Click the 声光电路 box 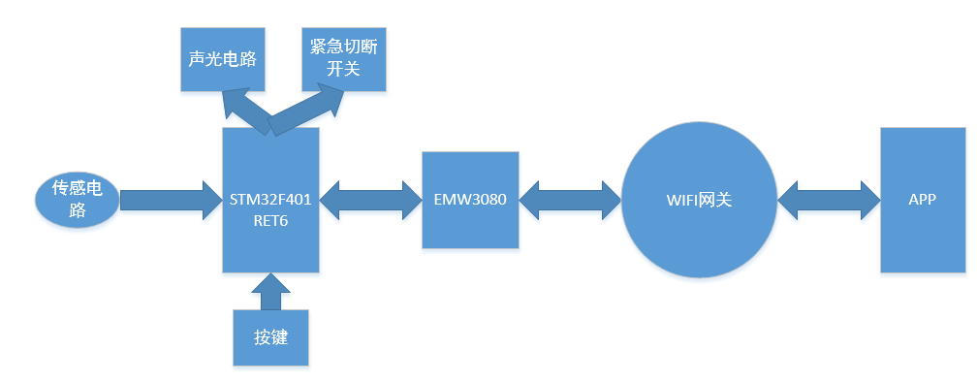[223, 59]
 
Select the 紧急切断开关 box [344, 59]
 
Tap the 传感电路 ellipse [77, 200]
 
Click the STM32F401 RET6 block [271, 200]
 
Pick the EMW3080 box [470, 200]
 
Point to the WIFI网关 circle [699, 200]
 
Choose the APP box [923, 200]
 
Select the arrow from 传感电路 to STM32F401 [172, 200]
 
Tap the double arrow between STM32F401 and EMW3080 [370, 200]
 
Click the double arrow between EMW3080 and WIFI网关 [570, 200]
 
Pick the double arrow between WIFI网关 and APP [829, 200]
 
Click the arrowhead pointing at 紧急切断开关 [329, 100]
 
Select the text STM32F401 [271, 200]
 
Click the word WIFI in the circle [681, 201]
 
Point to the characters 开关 [344, 68]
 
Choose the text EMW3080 [470, 201]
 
